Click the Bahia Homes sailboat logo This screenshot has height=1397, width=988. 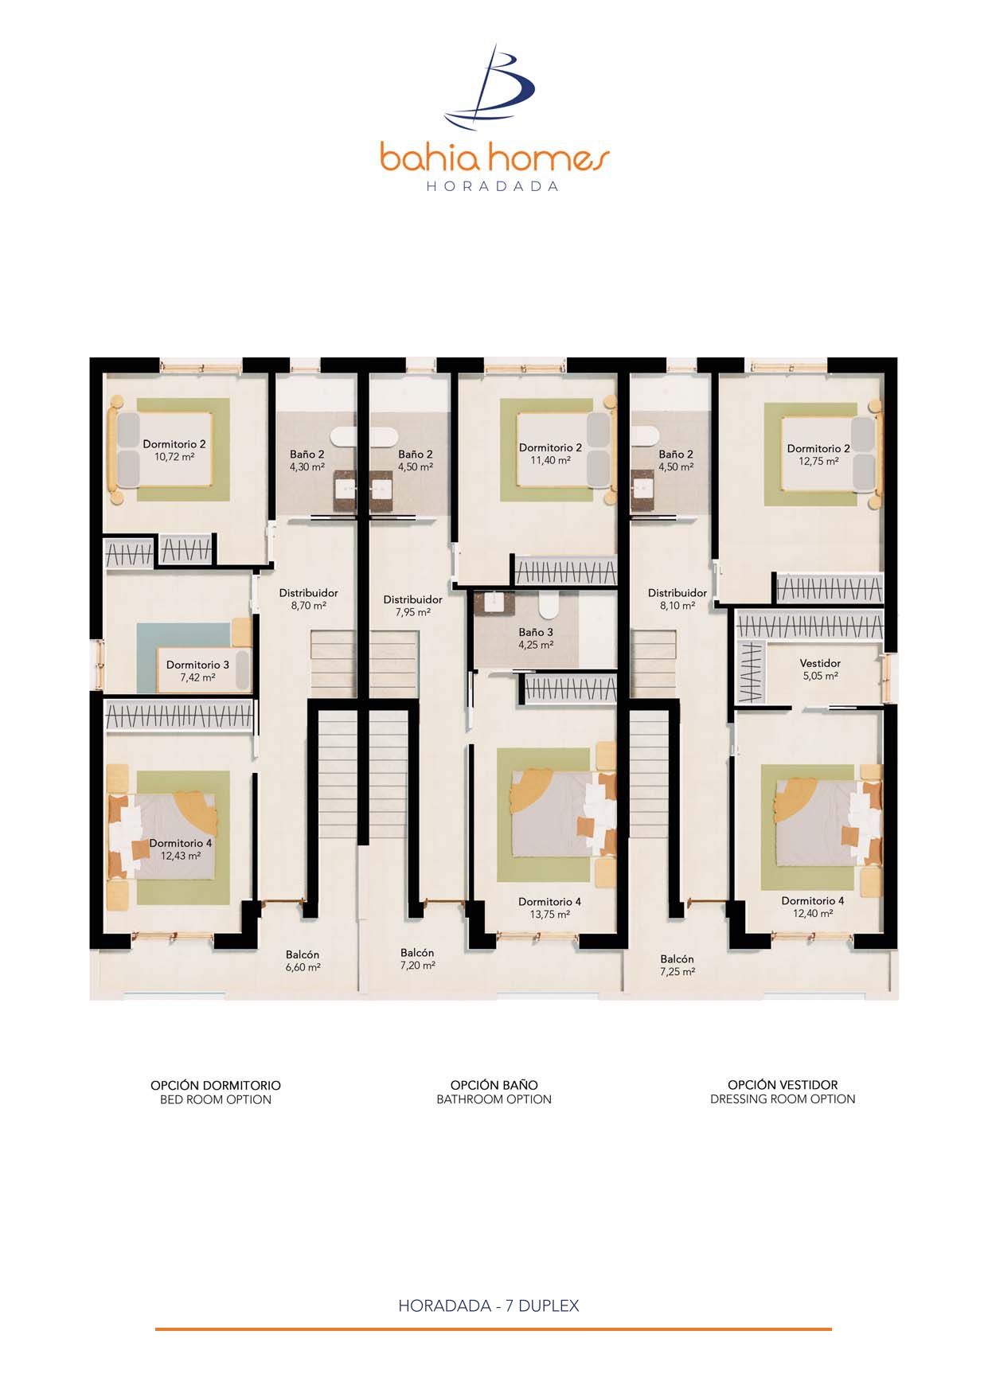tap(491, 88)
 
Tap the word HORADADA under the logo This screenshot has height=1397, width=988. tap(493, 186)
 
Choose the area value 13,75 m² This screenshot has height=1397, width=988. tap(549, 915)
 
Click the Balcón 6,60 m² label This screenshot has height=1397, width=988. tap(303, 961)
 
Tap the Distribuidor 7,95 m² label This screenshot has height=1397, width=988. tap(412, 606)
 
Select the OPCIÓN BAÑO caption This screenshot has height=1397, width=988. tap(494, 1085)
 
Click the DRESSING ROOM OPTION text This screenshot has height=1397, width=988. tap(783, 1099)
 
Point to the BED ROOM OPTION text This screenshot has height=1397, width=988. tap(216, 1100)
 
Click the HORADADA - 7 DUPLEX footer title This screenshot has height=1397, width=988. tap(489, 1305)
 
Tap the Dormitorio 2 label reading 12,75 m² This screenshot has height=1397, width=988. tap(818, 455)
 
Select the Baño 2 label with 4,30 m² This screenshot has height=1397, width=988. tap(307, 461)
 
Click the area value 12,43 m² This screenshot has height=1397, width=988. tap(181, 856)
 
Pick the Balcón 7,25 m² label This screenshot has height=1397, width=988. tap(677, 966)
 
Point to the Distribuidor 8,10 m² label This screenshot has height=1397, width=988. tap(677, 599)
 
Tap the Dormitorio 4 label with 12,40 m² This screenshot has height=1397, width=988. tap(812, 907)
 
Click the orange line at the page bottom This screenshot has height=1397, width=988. tap(493, 1329)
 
